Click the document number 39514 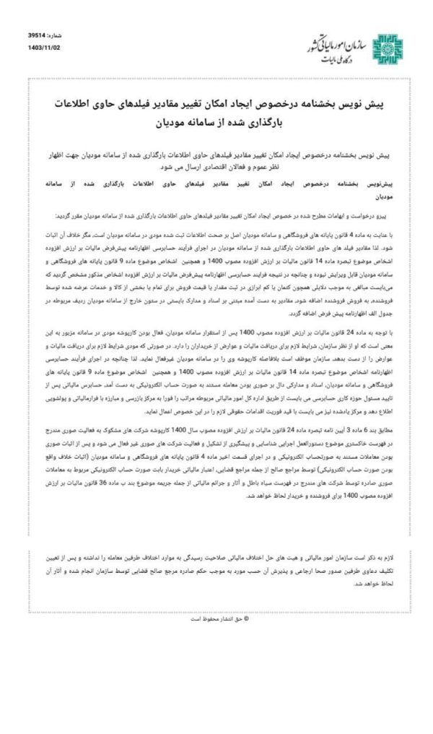37,34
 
